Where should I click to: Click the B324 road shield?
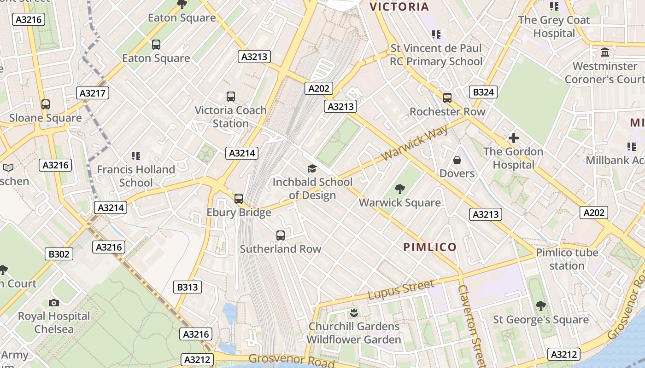point(483,92)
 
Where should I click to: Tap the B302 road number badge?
point(59,254)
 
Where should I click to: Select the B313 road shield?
point(188,287)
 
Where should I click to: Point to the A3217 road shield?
point(92,93)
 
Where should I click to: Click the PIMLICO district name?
point(430,247)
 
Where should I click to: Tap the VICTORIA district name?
point(399,7)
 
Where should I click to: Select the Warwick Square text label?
point(399,202)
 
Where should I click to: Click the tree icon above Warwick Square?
point(399,189)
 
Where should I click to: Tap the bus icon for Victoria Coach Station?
point(231,97)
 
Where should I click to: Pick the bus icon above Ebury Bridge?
point(238,199)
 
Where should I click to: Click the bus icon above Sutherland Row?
point(281,236)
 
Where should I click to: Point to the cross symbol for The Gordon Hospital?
point(513,138)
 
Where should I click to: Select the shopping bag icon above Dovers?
point(457,160)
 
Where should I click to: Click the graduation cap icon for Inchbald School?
point(312,168)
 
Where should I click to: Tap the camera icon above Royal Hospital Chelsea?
point(54,303)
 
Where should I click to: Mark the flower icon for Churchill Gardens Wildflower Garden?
point(354,313)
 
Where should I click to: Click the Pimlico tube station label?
point(567,259)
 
